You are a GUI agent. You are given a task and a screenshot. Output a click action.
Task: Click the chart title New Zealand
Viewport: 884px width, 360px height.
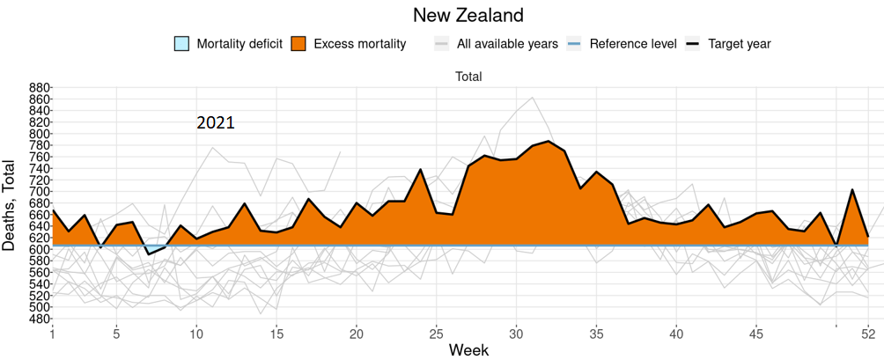coord(468,15)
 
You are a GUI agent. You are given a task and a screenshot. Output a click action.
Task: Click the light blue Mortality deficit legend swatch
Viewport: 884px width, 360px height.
coord(182,44)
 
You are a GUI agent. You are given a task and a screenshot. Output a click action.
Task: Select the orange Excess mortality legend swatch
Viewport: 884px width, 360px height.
coord(298,44)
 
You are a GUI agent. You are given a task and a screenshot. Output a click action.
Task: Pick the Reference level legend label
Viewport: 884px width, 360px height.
coord(633,44)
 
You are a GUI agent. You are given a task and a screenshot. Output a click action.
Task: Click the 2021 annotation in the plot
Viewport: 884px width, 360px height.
coord(215,122)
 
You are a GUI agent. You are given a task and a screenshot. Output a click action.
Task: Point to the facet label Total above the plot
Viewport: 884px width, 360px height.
coord(468,77)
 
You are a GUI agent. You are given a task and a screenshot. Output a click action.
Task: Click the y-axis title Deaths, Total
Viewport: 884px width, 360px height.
coord(11,205)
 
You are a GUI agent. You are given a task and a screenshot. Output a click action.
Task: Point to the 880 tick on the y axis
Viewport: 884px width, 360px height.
coord(40,88)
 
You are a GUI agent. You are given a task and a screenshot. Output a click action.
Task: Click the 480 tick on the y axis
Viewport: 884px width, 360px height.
coord(40,319)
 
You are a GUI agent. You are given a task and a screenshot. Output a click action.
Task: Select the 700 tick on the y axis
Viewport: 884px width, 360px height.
coord(40,192)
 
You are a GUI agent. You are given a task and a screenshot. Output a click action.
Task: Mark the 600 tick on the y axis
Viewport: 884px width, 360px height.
coord(40,249)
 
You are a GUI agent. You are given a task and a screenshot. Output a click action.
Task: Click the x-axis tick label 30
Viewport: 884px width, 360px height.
coord(517,334)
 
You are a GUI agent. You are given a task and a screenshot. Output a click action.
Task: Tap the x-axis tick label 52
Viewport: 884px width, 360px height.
coord(868,334)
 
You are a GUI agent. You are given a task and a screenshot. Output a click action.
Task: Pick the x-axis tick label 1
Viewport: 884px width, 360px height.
coord(53,334)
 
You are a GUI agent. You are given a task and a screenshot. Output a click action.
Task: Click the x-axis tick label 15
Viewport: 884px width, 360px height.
coord(276,334)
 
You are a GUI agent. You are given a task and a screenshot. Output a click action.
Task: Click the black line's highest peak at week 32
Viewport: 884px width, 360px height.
coord(549,141)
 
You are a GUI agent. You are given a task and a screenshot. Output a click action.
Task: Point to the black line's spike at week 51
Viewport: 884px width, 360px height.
coord(852,189)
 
